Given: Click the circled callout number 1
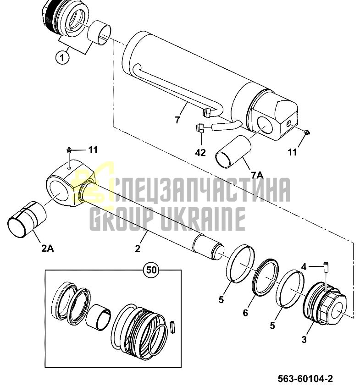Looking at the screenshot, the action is (x=62, y=58).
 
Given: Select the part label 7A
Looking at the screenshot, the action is (x=257, y=176).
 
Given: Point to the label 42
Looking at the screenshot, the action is (x=200, y=152).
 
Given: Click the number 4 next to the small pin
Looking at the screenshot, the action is (x=304, y=267).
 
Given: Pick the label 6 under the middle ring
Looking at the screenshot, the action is (x=245, y=313).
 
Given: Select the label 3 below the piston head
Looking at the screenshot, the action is (x=304, y=340).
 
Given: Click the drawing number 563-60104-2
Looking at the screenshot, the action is (x=305, y=379).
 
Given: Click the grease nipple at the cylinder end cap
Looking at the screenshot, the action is (x=306, y=132).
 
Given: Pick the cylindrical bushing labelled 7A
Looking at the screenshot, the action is (x=233, y=151).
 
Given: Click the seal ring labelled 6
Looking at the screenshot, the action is (x=266, y=277).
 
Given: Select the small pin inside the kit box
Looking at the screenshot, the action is (x=172, y=326).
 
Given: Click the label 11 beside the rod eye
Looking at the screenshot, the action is (x=92, y=150).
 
